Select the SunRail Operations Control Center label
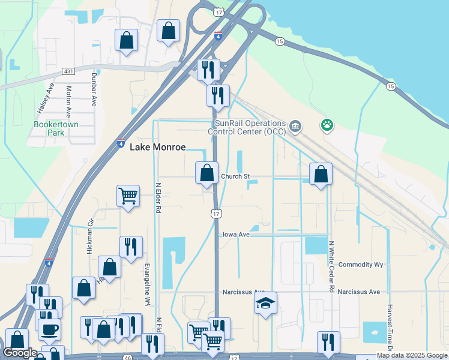[x=247, y=127]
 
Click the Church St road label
[x=235, y=176]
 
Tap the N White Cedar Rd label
[x=331, y=266]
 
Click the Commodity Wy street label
[x=361, y=265]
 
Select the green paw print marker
[x=327, y=125]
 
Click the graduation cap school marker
[x=265, y=303]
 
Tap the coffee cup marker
[x=49, y=328]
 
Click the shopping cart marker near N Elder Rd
[x=128, y=196]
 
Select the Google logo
[x=21, y=353]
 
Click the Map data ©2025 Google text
[x=412, y=355]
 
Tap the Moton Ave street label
[x=69, y=101]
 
